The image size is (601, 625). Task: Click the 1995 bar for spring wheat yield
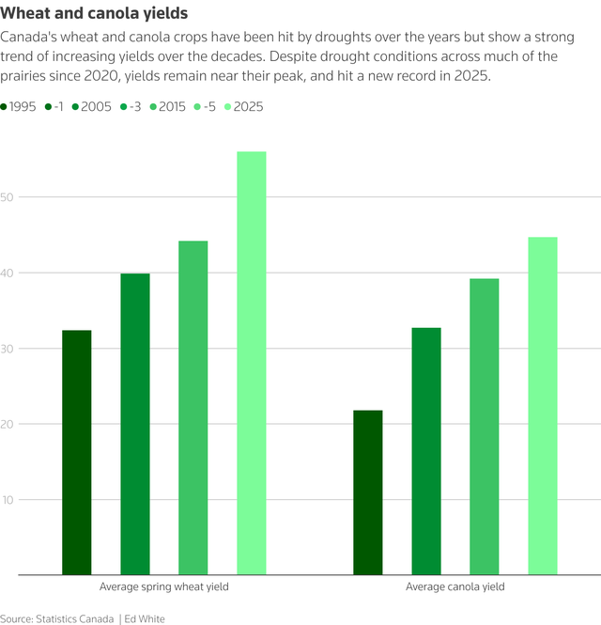pyautogui.click(x=77, y=452)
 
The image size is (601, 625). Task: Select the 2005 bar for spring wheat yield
pyautogui.click(x=135, y=424)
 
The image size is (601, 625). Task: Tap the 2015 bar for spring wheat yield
pyautogui.click(x=193, y=408)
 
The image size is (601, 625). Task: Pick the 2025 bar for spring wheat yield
pyautogui.click(x=252, y=363)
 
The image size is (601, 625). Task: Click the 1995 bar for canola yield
pyautogui.click(x=368, y=492)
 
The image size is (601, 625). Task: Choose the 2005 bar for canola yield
pyautogui.click(x=426, y=451)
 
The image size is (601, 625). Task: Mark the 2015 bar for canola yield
pyautogui.click(x=485, y=427)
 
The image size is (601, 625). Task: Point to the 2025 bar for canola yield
pyautogui.click(x=543, y=406)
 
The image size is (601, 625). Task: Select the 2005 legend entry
pyautogui.click(x=95, y=107)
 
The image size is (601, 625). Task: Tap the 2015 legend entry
pyautogui.click(x=171, y=107)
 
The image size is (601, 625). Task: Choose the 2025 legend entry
pyautogui.click(x=247, y=107)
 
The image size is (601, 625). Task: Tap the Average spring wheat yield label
pyautogui.click(x=164, y=587)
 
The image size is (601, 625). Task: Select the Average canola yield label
pyautogui.click(x=455, y=587)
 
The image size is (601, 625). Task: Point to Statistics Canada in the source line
pyautogui.click(x=74, y=618)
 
